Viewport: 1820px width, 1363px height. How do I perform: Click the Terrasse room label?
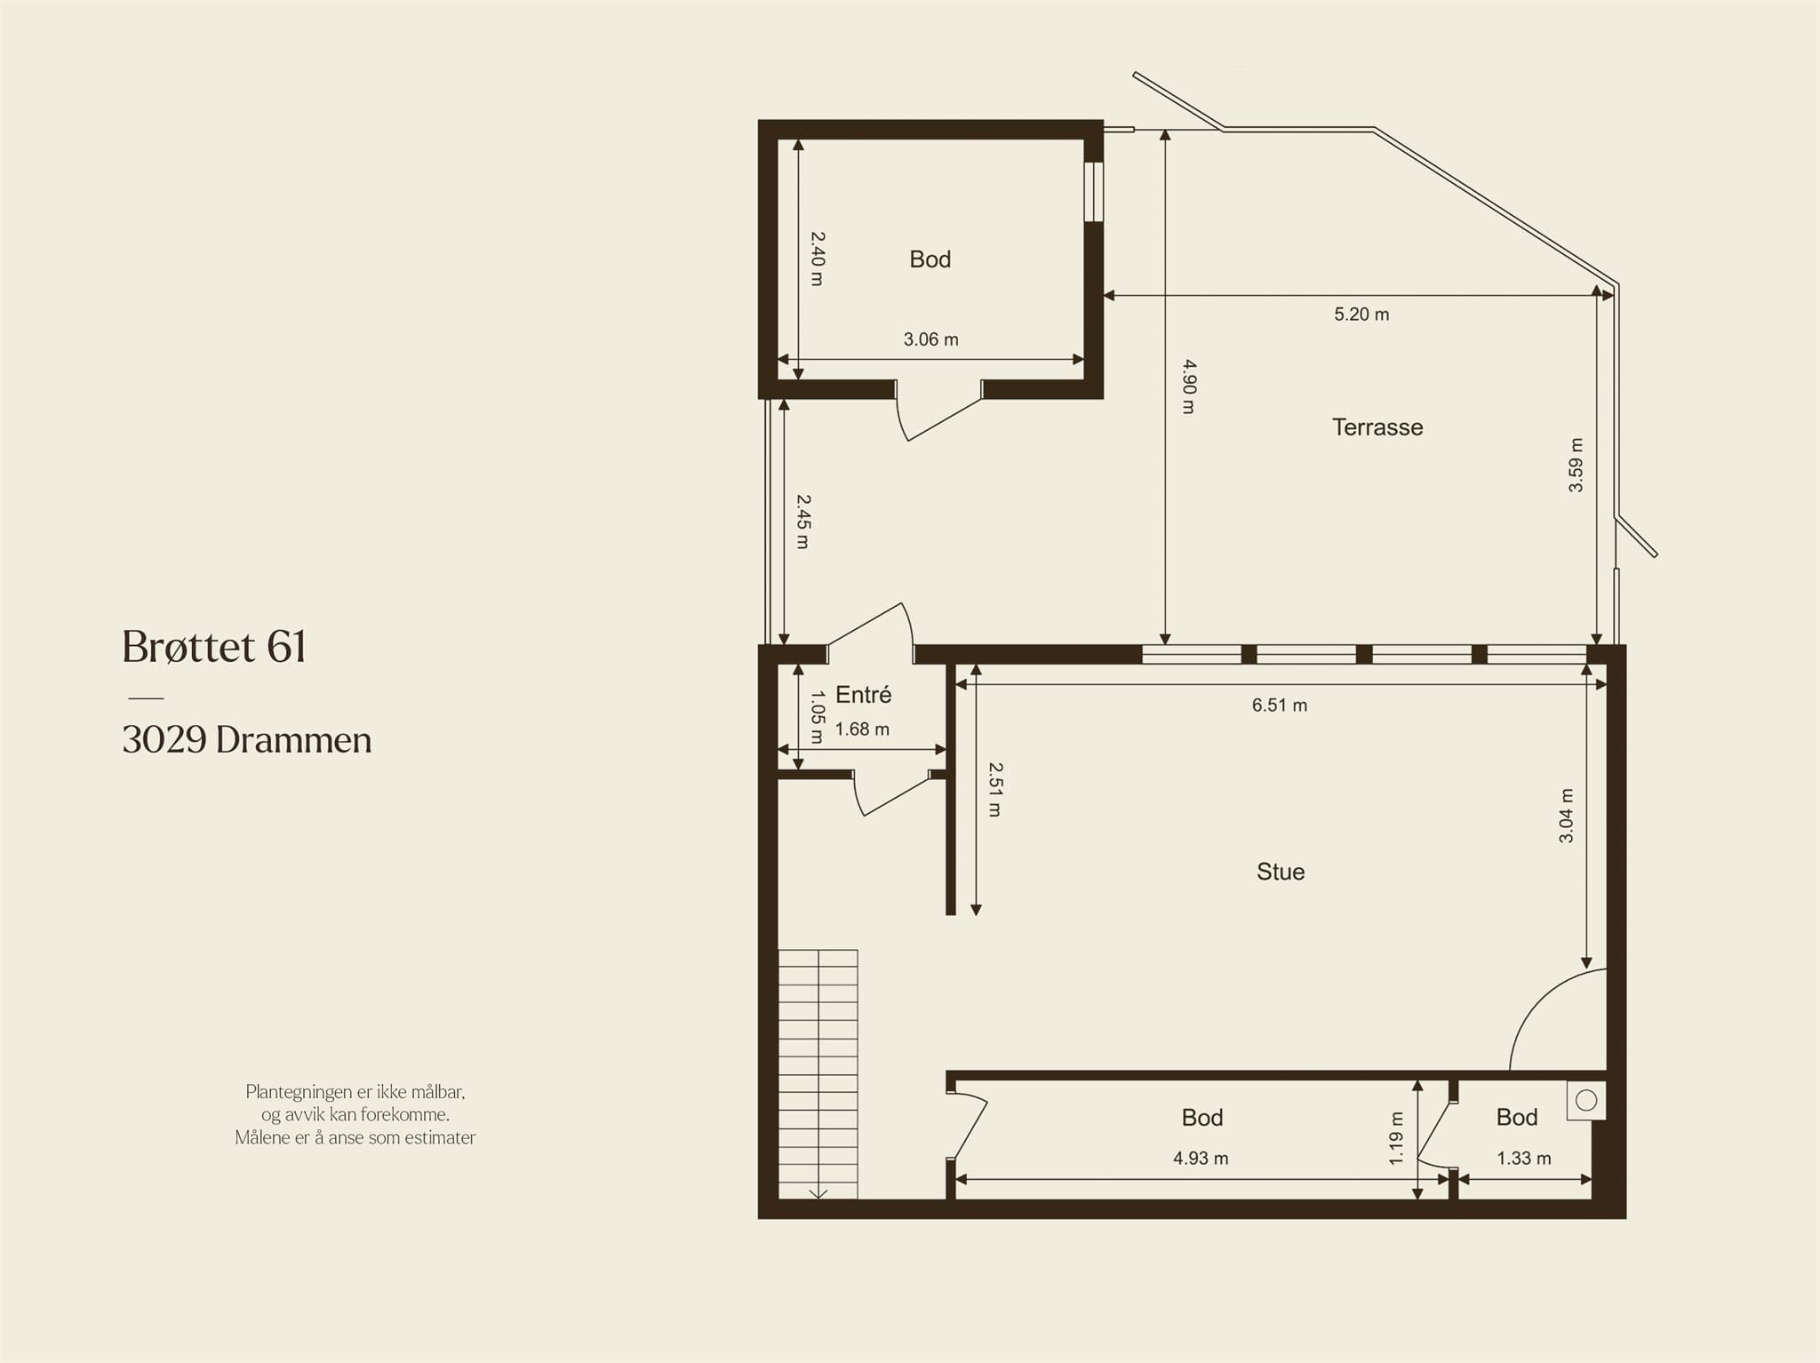[1377, 427]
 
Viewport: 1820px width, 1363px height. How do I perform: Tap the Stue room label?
[1281, 872]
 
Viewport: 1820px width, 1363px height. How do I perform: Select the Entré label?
[863, 694]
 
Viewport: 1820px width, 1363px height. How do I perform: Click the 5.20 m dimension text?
[1361, 315]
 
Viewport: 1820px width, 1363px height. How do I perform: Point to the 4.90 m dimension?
[1189, 387]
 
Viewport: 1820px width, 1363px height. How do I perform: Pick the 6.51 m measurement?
[1280, 705]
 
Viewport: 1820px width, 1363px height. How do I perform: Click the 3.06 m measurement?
[931, 339]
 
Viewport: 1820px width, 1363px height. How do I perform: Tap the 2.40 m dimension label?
[818, 259]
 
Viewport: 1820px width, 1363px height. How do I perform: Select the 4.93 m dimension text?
[1201, 1159]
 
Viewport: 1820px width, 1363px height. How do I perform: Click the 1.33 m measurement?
[1524, 1159]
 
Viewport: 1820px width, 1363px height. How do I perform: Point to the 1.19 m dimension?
[1396, 1138]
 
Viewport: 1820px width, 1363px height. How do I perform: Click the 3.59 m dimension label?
[1576, 465]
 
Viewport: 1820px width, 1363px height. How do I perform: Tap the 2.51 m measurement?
[995, 789]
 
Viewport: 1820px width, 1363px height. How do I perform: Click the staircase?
[818, 1074]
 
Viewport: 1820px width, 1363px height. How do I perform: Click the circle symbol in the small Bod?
[1586, 1101]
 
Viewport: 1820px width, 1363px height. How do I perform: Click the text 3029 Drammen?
[247, 740]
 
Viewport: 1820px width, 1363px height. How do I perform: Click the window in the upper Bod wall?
[1094, 192]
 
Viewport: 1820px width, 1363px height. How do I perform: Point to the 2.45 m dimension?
[802, 522]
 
